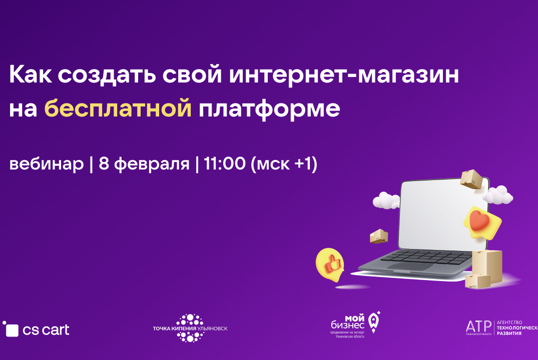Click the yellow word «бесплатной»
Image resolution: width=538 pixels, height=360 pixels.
click(118, 108)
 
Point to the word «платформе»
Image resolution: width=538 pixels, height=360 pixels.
click(270, 108)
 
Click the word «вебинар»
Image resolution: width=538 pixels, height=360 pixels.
click(47, 164)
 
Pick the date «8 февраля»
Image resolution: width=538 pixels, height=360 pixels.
click(144, 164)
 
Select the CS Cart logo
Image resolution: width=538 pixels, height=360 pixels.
click(36, 329)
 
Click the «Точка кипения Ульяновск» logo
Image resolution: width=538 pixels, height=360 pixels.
click(190, 328)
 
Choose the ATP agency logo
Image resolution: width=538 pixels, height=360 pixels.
click(500, 327)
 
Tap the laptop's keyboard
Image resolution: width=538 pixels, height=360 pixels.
click(425, 257)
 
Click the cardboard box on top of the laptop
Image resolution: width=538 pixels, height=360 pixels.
click(471, 179)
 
